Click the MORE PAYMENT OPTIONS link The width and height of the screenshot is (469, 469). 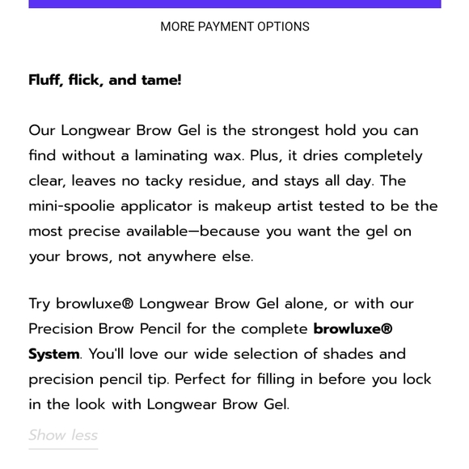(x=234, y=27)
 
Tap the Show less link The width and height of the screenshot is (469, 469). (x=63, y=435)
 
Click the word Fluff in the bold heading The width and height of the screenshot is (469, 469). (x=46, y=80)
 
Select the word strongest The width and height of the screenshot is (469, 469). (x=285, y=130)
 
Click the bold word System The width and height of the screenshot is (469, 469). (x=54, y=354)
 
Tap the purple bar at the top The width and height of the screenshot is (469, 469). (x=234, y=4)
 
